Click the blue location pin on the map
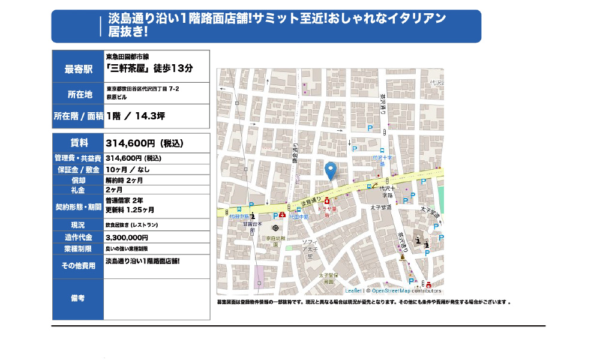[x=330, y=170]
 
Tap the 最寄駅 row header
[x=79, y=69]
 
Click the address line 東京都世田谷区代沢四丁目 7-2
[x=143, y=89]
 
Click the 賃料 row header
[x=79, y=143]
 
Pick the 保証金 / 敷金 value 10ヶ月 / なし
[x=128, y=169]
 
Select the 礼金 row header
[x=79, y=190]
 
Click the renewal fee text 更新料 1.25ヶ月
[x=130, y=210]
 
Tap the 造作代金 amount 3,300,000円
[x=127, y=238]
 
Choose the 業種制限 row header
[x=79, y=248]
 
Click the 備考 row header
[x=79, y=298]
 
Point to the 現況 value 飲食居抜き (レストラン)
[x=132, y=225]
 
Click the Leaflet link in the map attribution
[x=353, y=291]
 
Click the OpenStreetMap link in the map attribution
[x=391, y=291]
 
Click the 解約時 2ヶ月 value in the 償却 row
[x=124, y=179]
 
